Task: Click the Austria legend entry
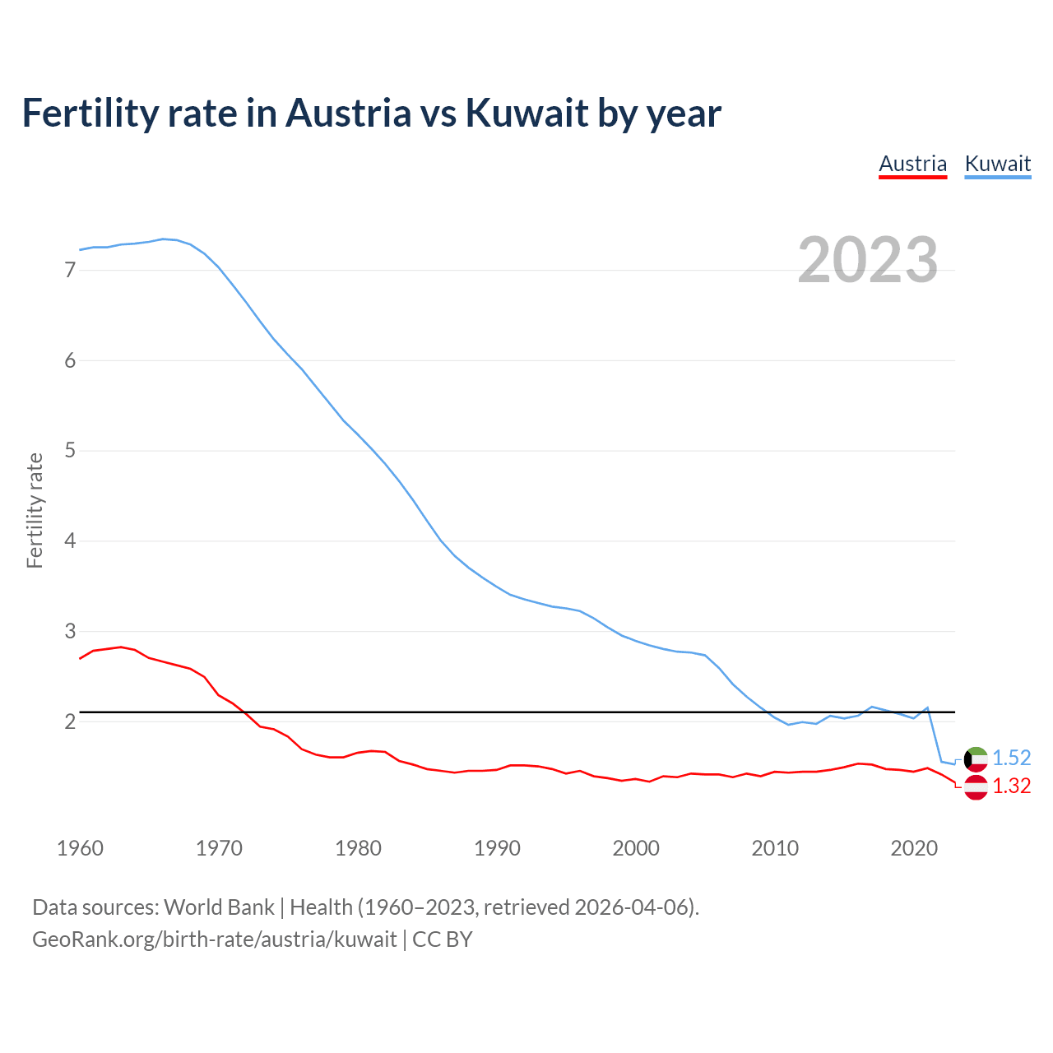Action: point(912,164)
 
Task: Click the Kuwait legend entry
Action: point(997,164)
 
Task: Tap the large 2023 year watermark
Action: point(868,260)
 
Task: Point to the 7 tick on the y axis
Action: point(70,270)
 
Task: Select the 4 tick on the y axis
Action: point(70,541)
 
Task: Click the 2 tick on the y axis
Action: point(70,722)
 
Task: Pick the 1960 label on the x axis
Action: point(80,848)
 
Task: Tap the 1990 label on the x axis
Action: point(497,848)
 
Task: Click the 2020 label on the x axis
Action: point(914,848)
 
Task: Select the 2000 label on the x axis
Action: point(636,848)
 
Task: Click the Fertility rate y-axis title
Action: point(35,510)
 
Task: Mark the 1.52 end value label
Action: point(1011,758)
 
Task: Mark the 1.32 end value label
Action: point(1011,786)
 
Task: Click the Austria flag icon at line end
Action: point(975,787)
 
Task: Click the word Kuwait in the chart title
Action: point(526,113)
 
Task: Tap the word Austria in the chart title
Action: point(348,113)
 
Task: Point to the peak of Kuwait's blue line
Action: point(163,239)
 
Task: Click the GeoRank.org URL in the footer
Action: point(215,939)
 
